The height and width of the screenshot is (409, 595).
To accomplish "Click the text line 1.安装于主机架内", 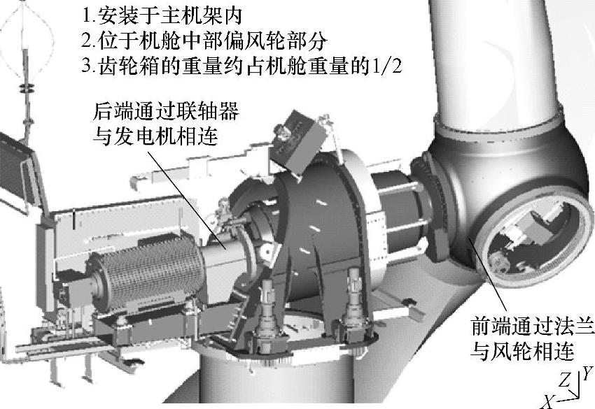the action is (162, 15).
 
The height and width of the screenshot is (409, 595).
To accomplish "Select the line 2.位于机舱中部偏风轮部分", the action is (204, 41).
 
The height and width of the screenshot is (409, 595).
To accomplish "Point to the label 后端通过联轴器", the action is (166, 111).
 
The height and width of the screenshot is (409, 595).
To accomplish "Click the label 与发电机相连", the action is (155, 136).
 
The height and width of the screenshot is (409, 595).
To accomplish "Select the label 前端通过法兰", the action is (532, 326).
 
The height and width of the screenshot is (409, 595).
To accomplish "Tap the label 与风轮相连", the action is (521, 352).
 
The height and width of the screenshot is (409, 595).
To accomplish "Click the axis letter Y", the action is (587, 373).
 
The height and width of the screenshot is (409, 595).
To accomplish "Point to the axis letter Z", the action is (565, 380).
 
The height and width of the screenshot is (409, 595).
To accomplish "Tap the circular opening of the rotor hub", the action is (531, 238).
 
